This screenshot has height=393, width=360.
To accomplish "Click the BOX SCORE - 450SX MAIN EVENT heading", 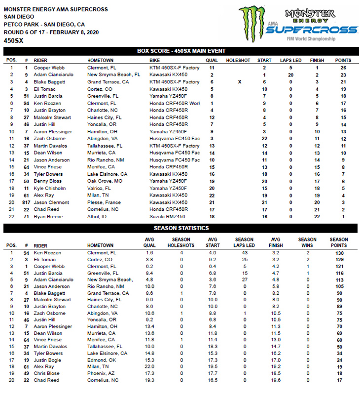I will (181, 50).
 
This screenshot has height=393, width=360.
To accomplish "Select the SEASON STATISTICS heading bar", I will (181, 228).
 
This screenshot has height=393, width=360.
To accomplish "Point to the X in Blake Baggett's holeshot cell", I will (239, 82).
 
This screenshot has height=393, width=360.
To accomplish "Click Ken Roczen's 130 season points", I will (339, 253).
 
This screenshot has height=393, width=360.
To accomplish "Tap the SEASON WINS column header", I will (308, 242).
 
